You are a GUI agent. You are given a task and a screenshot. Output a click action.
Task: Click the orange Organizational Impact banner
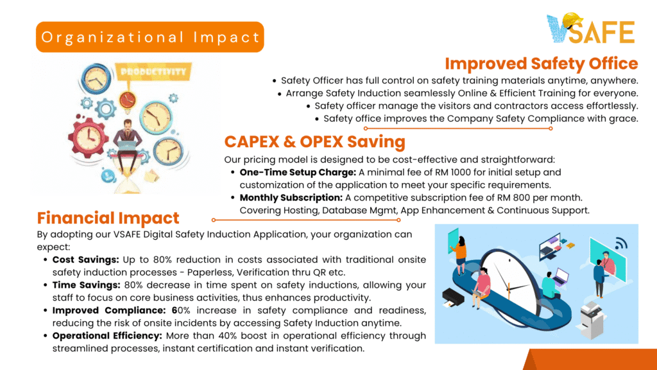tap(150, 37)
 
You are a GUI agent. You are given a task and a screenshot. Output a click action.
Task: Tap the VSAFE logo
tap(591, 28)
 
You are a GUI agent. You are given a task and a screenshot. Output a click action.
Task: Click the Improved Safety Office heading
tap(542, 64)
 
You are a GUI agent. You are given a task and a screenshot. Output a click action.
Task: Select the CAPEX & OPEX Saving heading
tap(314, 142)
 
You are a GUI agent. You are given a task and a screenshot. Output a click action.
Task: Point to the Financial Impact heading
tap(108, 218)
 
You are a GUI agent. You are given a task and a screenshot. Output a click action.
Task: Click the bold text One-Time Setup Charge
tap(298, 172)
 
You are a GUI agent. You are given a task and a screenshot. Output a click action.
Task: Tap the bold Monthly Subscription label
tap(291, 198)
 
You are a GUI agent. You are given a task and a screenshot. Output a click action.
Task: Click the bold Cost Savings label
tap(86, 260)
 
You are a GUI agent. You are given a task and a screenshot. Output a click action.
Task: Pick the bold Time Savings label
tap(87, 285)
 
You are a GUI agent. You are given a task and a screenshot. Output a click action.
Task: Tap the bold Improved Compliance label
tap(109, 310)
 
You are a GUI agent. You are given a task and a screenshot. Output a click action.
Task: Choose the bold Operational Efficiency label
tap(107, 336)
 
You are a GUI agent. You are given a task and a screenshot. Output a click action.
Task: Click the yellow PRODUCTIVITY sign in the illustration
tap(153, 72)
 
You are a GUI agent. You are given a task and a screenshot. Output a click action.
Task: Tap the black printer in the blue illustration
tap(453, 297)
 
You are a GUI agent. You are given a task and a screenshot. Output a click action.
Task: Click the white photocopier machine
tap(592, 320)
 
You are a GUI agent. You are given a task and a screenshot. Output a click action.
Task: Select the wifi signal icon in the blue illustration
tap(621, 243)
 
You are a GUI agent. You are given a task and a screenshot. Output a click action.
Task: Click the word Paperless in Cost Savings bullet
tap(210, 272)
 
